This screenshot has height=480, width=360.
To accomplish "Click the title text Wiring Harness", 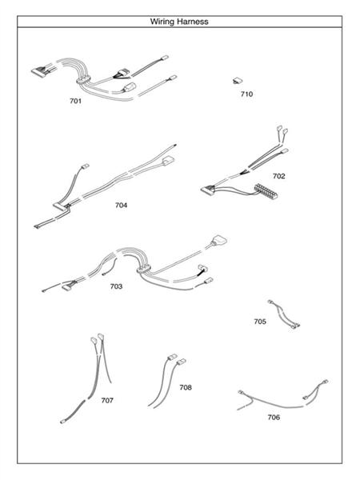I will [179, 22].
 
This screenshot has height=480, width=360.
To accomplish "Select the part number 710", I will [246, 94].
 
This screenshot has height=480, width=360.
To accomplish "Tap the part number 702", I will [278, 175].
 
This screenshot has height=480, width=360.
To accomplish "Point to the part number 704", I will [121, 205].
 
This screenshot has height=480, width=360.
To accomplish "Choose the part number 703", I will [116, 286].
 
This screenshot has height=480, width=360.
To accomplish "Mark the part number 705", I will [260, 321].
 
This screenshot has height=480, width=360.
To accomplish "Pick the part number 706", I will [274, 417].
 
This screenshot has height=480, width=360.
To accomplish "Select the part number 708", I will [186, 387].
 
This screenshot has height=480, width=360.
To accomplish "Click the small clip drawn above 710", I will [238, 80].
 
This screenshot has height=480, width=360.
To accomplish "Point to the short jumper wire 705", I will [284, 314].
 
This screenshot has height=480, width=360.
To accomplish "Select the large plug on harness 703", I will [218, 241].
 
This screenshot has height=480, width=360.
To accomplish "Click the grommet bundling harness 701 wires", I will [82, 79].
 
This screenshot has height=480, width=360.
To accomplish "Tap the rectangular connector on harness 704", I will [166, 164].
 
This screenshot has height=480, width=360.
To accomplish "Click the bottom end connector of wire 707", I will [64, 419].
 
